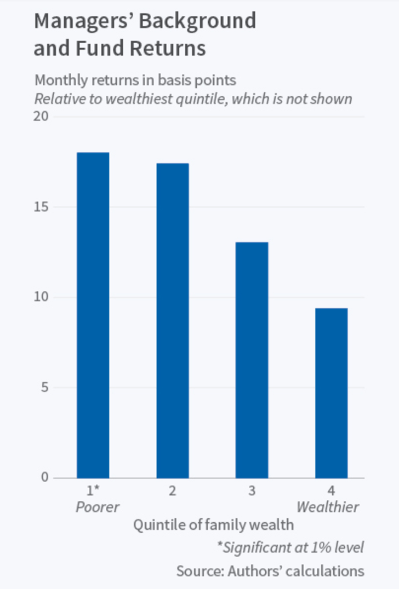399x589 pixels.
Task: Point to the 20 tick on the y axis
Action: pos(42,117)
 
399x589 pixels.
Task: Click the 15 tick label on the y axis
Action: pos(42,207)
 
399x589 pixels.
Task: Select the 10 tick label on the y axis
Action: pos(42,297)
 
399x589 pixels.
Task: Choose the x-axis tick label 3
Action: pos(252,490)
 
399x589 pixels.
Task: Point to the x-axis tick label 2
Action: pos(172,490)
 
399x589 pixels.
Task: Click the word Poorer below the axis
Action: pos(97,507)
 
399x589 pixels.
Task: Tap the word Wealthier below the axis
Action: pos(328,507)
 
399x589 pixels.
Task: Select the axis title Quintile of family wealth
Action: pos(213,526)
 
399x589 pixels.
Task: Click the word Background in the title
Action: pos(197,21)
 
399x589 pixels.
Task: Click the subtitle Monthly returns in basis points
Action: pos(135,80)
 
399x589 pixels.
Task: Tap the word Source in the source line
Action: pos(199,571)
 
